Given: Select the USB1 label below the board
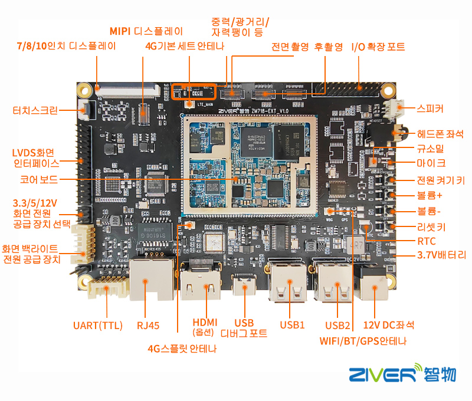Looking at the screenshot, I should coord(292,325).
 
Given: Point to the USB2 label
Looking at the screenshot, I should coord(338,325).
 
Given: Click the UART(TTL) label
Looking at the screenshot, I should coord(97,325).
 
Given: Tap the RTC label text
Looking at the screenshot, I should coord(426,241).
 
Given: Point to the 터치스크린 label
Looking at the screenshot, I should coord(36,110).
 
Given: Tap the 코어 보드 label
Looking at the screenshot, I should coord(38,177).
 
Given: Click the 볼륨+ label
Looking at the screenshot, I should coord(430,195).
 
